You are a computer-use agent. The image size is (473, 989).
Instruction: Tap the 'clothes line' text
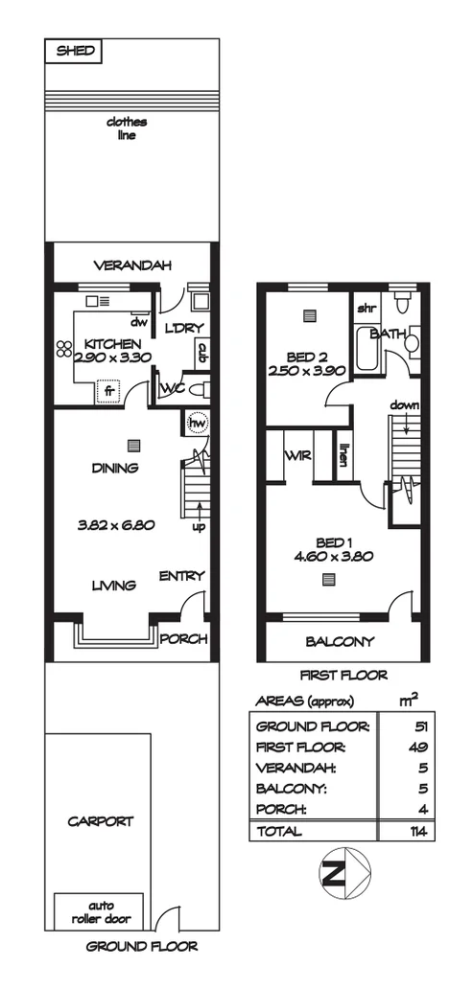click(121, 128)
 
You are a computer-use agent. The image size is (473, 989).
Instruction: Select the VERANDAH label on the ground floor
click(131, 265)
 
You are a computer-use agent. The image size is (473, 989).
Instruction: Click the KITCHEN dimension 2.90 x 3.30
click(111, 357)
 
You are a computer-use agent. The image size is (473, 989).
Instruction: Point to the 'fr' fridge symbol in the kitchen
click(108, 390)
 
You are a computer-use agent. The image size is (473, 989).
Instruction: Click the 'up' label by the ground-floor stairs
click(200, 527)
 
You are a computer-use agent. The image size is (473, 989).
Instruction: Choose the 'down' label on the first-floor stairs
click(404, 405)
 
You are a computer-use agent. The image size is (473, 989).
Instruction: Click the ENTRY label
click(181, 575)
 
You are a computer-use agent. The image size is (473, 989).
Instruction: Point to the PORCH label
click(182, 639)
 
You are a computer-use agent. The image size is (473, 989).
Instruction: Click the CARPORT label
click(100, 821)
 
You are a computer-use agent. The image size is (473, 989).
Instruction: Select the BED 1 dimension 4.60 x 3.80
click(330, 555)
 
